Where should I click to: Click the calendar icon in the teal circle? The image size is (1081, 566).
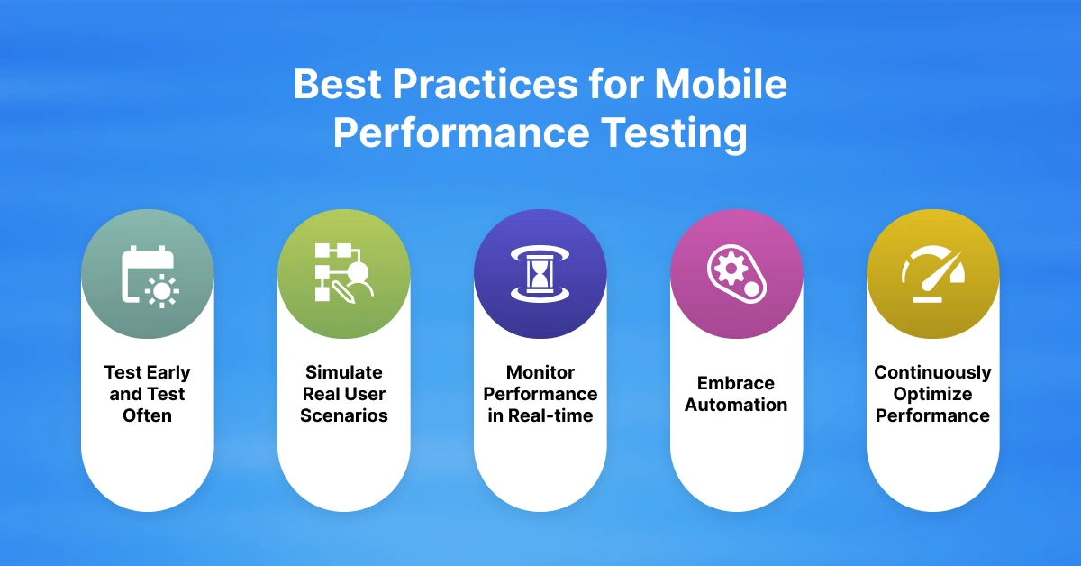pyautogui.click(x=148, y=275)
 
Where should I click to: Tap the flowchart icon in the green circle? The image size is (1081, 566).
pyautogui.click(x=343, y=273)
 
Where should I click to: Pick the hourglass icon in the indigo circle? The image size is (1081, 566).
pyautogui.click(x=540, y=274)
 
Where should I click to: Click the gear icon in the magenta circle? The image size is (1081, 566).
pyautogui.click(x=736, y=274)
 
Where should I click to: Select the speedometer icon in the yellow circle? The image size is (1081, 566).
pyautogui.click(x=932, y=274)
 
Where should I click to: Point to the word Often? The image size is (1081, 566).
pyautogui.click(x=147, y=415)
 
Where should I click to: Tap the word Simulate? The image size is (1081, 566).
pyautogui.click(x=343, y=372)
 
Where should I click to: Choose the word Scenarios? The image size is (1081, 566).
pyautogui.click(x=343, y=415)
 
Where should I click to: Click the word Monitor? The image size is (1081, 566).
pyautogui.click(x=540, y=372)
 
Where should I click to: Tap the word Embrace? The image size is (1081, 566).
pyautogui.click(x=736, y=383)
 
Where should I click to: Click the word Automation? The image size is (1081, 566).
pyautogui.click(x=736, y=405)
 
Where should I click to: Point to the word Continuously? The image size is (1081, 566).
pyautogui.click(x=932, y=372)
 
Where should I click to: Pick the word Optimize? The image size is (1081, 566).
pyautogui.click(x=932, y=394)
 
